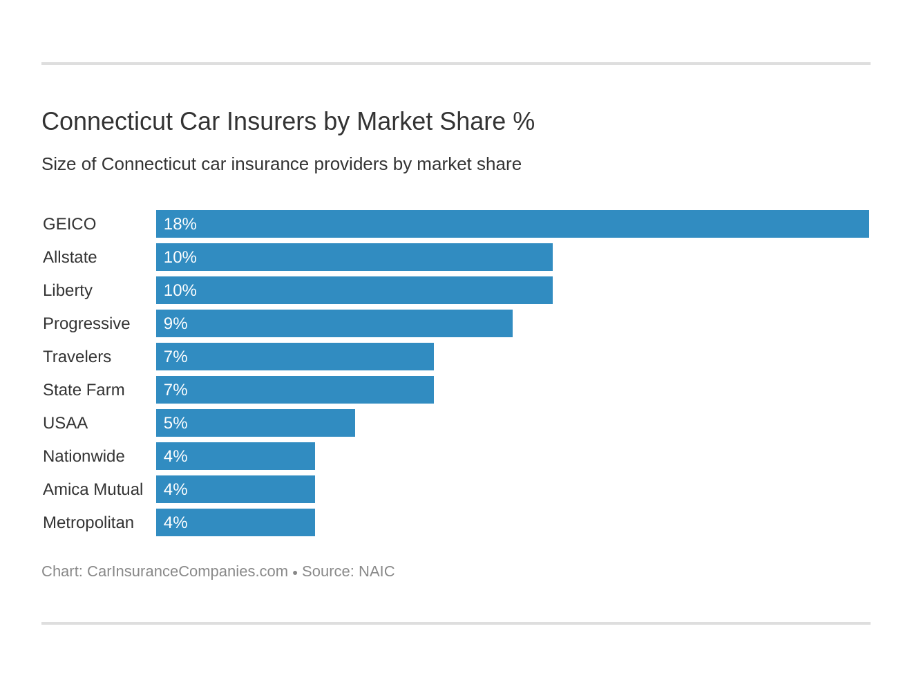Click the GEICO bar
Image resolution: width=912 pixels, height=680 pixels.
coord(512,224)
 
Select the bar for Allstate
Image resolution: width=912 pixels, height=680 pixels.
coord(354,257)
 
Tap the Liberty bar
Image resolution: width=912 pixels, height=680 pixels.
coord(354,290)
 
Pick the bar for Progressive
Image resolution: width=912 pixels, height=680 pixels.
coord(334,323)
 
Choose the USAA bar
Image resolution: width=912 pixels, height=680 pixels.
coord(255,423)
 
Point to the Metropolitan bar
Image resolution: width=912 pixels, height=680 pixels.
coord(235,522)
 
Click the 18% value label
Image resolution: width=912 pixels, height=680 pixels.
coord(180,224)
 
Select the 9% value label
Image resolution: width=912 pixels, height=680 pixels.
coord(175,323)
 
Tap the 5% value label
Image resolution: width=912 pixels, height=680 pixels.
coord(175,423)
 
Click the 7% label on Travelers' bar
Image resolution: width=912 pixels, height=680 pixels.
coord(175,357)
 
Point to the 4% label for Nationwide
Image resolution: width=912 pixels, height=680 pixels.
coord(175,456)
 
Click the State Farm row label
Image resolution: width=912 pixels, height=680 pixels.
coord(84,390)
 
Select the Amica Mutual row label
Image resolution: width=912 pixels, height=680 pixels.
coord(93,489)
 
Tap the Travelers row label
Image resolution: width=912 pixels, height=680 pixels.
coord(77,357)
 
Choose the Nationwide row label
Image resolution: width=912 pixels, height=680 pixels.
coord(84,456)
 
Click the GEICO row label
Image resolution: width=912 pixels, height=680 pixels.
coord(69,224)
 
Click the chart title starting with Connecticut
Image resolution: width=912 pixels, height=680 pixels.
coord(287,122)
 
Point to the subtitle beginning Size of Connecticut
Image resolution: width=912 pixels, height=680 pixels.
coord(281,164)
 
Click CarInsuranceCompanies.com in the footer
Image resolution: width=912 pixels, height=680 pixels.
coord(187,572)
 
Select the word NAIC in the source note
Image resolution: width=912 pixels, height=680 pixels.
coord(377,572)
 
